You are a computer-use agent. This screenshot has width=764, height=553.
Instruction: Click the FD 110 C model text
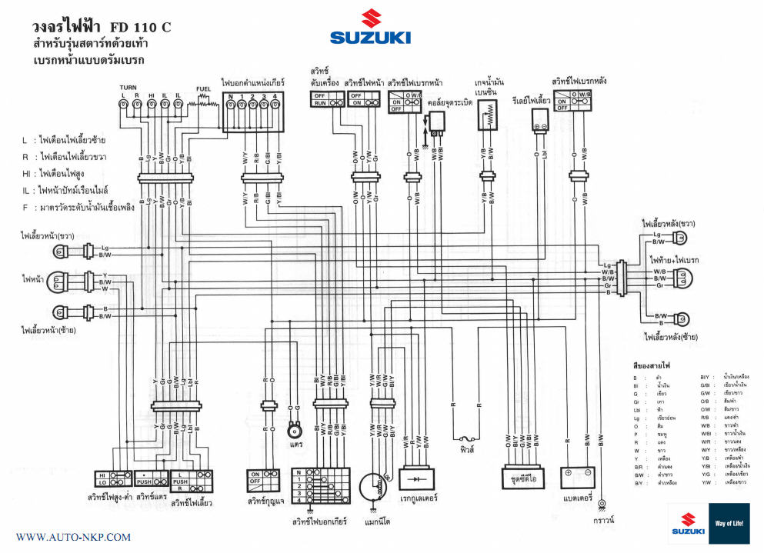141,28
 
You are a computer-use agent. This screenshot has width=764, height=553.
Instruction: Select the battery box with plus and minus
577,477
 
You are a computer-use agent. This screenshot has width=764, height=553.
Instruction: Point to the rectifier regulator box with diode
419,478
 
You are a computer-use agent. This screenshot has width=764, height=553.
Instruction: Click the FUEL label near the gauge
204,89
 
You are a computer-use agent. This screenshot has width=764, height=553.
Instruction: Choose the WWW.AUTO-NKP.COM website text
73,537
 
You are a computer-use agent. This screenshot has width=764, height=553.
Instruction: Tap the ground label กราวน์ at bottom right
603,520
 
